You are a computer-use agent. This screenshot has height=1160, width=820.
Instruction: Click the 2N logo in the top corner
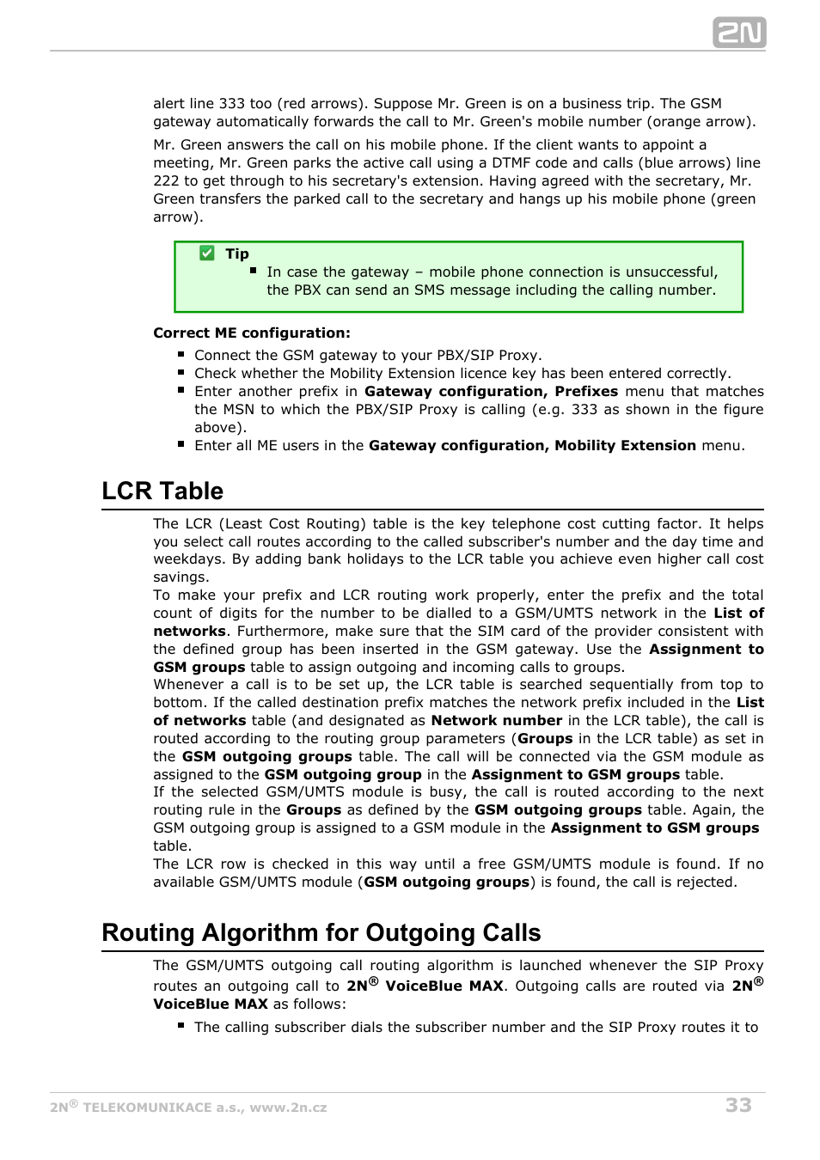(x=739, y=33)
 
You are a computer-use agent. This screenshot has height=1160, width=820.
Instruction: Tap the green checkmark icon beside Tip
(x=207, y=253)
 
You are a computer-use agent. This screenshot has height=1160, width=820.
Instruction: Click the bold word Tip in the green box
(x=237, y=253)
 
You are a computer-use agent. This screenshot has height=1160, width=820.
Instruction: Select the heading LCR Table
(x=162, y=491)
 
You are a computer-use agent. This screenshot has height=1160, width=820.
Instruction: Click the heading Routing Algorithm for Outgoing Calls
(x=321, y=932)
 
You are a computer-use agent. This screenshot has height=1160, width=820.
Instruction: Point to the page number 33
(x=738, y=1105)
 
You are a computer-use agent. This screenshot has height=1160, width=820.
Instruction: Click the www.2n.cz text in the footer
(x=288, y=1108)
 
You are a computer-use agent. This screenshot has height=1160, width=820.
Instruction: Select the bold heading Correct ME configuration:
(x=252, y=333)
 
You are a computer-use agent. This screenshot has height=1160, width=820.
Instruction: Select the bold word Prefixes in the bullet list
(x=586, y=391)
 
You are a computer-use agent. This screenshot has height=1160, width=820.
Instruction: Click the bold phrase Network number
(x=497, y=720)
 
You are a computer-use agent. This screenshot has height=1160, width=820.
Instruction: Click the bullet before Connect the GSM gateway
(x=181, y=354)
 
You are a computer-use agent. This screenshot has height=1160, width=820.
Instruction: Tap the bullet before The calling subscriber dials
(x=181, y=1026)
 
